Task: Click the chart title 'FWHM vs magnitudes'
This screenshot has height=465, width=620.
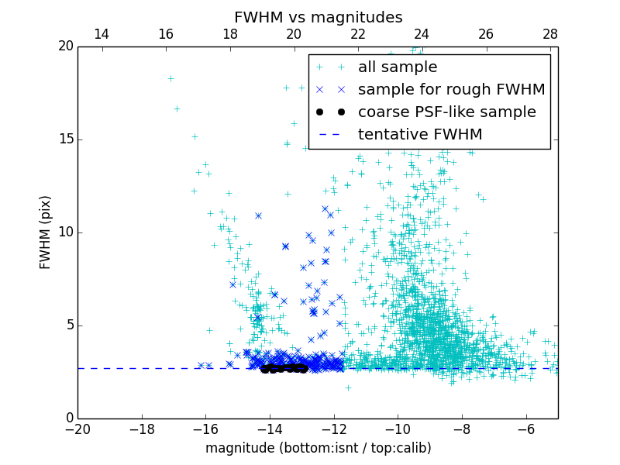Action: (318, 17)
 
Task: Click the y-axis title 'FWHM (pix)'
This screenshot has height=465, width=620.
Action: (46, 232)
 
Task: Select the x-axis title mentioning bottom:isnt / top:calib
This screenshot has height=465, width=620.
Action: (318, 448)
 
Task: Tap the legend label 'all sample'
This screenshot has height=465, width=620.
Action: (398, 67)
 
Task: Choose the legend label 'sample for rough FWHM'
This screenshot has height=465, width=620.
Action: (451, 90)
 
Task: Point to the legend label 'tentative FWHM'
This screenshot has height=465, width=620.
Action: (420, 135)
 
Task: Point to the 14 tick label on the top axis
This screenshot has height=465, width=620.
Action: (101, 34)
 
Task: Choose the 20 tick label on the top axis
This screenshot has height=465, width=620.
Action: (294, 34)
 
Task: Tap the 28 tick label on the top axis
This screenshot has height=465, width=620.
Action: (550, 34)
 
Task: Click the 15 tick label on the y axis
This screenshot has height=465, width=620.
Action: (64, 139)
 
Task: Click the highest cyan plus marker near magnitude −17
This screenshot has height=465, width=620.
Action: (170, 78)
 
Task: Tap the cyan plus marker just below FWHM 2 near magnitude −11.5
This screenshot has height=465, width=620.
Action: (348, 387)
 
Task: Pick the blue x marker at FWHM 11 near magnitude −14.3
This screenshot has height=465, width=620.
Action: (258, 215)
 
